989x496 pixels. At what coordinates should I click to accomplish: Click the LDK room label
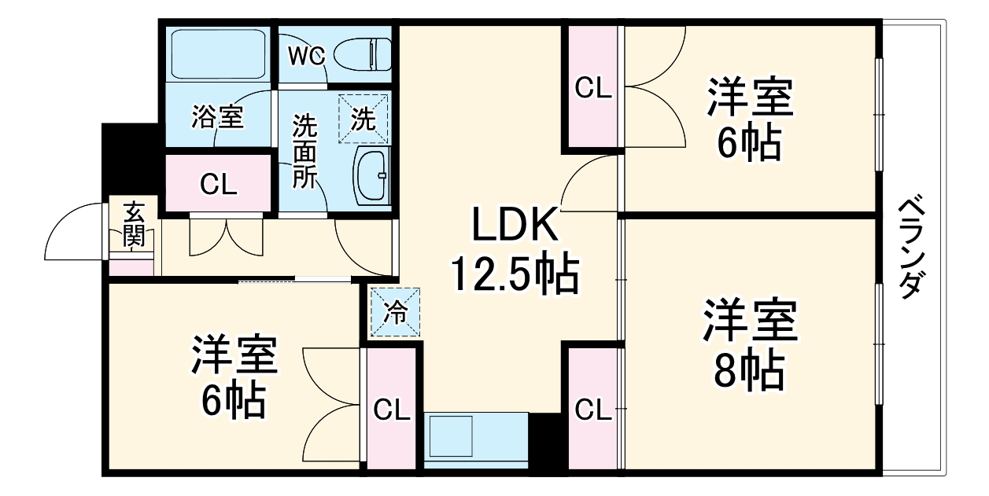515,226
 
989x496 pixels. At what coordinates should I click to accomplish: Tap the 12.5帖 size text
515,275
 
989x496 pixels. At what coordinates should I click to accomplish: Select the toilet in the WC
363,54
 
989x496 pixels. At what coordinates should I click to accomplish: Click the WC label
306,56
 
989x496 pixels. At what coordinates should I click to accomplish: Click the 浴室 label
217,119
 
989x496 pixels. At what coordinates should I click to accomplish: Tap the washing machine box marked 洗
363,119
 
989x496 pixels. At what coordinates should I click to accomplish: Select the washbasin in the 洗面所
371,175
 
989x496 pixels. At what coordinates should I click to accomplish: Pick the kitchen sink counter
476,440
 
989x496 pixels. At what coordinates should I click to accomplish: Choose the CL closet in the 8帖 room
593,410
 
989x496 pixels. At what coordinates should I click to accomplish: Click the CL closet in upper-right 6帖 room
592,87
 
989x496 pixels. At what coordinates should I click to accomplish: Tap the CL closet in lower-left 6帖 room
391,410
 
